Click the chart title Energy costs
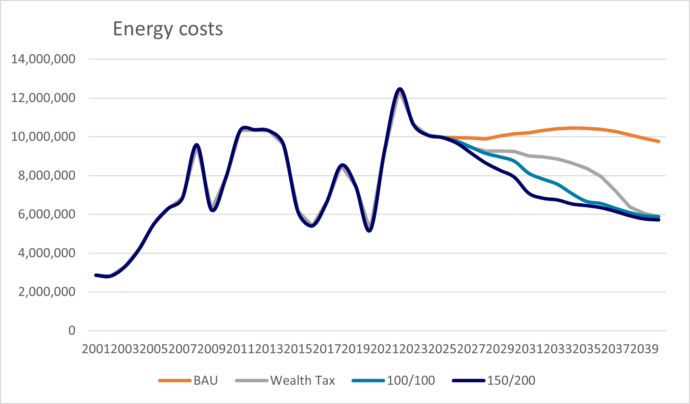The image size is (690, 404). [x=168, y=29]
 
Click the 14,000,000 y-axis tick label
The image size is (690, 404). [x=43, y=59]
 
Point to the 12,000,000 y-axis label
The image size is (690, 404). [x=43, y=98]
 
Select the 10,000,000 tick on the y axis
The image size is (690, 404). [x=43, y=137]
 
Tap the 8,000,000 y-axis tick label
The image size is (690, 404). [x=47, y=175]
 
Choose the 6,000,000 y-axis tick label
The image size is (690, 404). [x=47, y=214]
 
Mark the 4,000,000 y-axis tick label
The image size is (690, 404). [x=47, y=253]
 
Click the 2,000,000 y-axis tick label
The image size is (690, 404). [x=47, y=292]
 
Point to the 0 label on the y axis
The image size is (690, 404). [x=72, y=331]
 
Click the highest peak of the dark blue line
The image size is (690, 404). [x=400, y=89]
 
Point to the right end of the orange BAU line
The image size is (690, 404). [x=659, y=141]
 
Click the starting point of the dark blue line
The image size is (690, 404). [x=96, y=275]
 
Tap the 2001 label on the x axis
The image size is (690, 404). [x=96, y=349]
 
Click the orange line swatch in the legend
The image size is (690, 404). [x=174, y=381]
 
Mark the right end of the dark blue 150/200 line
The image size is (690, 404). [x=659, y=220]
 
